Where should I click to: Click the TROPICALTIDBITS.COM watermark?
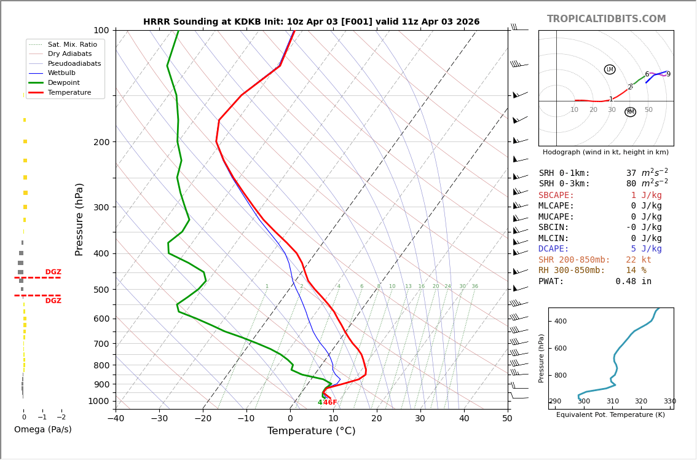(606, 19)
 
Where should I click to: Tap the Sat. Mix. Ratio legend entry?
(72, 45)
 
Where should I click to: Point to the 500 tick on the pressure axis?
(101, 290)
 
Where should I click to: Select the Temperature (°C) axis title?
(311, 431)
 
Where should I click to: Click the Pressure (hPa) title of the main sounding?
(79, 219)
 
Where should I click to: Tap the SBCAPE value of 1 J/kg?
(647, 196)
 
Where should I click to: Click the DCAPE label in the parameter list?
(554, 249)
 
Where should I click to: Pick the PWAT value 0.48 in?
(633, 282)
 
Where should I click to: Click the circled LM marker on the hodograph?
(610, 69)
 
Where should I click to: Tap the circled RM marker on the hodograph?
(630, 112)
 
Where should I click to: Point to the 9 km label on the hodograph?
(668, 74)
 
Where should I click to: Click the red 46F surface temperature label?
(330, 403)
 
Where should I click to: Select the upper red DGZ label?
(53, 272)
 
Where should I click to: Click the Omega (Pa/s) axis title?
(42, 430)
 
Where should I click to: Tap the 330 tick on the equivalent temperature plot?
(669, 402)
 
